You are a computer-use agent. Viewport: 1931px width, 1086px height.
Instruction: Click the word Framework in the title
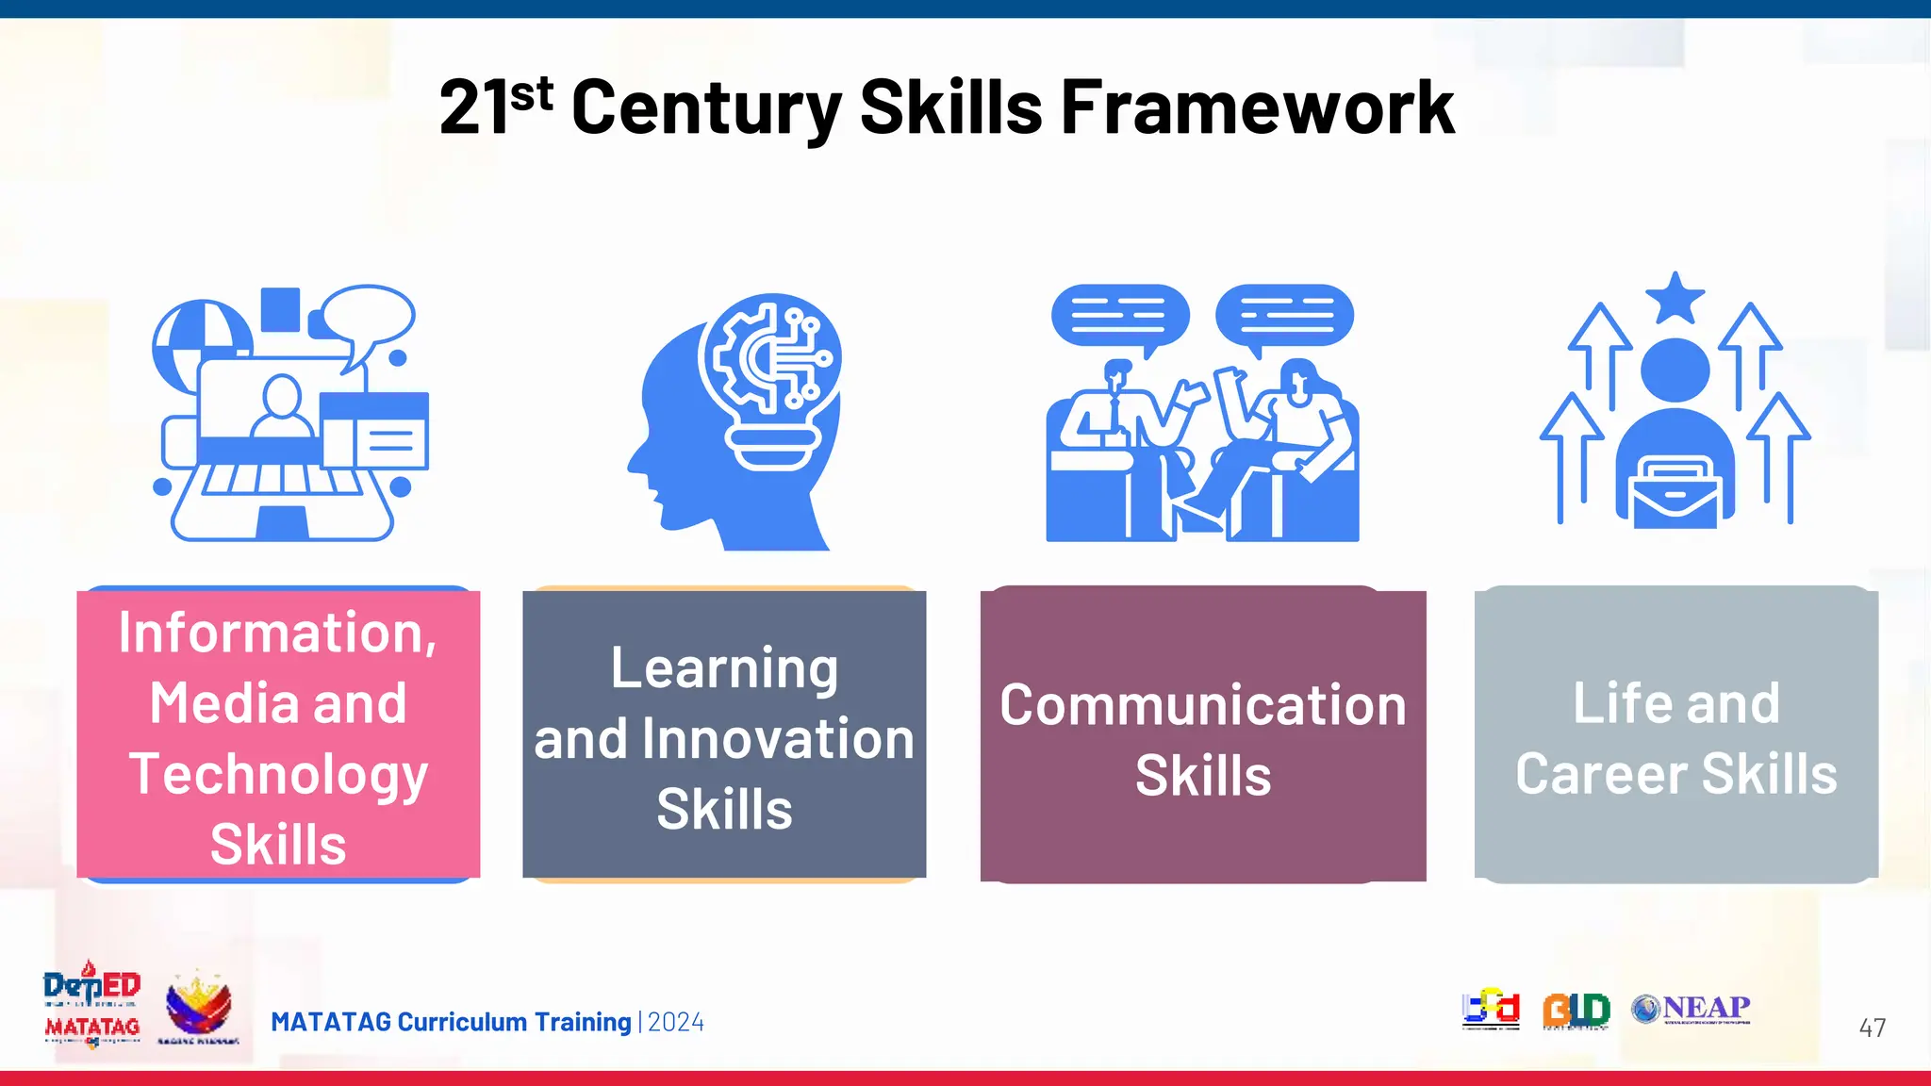(1258, 108)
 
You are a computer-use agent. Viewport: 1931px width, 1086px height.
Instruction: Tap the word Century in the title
(706, 108)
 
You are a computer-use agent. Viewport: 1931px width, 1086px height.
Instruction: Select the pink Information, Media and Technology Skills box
(278, 734)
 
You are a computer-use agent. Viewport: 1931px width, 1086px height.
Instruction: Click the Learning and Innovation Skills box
(724, 734)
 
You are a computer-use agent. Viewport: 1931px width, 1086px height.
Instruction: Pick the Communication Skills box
(1203, 734)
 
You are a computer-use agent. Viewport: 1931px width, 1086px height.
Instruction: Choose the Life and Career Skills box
(1676, 734)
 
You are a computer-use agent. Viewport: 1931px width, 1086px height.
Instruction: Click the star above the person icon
(1675, 298)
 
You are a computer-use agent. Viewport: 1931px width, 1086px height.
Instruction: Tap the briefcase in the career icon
(1675, 491)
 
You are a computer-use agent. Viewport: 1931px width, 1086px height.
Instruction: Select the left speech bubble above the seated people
(1120, 317)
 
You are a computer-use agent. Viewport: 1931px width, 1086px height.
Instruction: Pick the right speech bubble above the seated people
(1285, 317)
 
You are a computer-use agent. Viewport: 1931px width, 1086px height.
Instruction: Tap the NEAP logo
(1692, 1009)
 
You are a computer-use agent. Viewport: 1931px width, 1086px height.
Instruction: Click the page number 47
(1873, 1028)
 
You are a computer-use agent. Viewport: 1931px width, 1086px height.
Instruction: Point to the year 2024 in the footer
(676, 1022)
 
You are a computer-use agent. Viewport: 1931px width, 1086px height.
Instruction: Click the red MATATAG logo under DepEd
(92, 1028)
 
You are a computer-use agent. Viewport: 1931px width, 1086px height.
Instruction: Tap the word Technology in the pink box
(278, 775)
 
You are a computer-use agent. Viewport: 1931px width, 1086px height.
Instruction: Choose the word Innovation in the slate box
(778, 739)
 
